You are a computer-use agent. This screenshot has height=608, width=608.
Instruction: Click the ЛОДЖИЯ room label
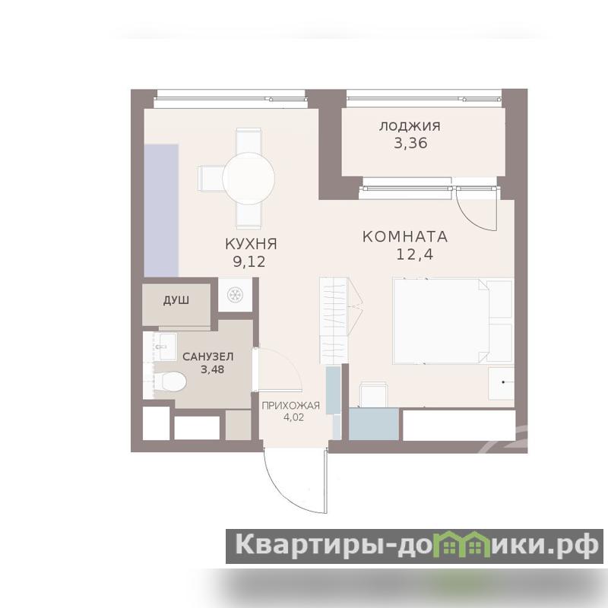[x=410, y=126]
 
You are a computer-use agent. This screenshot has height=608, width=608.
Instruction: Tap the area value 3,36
[x=410, y=143]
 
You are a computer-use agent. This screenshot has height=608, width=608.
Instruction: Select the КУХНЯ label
[x=251, y=244]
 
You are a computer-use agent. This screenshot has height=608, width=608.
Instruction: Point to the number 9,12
[x=249, y=261]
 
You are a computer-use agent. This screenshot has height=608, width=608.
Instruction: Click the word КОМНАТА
[x=405, y=236]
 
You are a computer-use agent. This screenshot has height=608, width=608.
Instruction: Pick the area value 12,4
[x=414, y=255]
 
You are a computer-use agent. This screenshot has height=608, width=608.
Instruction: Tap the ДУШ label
[x=176, y=300]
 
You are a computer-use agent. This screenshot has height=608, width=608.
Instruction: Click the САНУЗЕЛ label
[x=207, y=356]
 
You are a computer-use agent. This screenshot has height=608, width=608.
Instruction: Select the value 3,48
[x=212, y=369]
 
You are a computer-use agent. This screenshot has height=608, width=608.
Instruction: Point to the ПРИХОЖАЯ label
[x=291, y=406]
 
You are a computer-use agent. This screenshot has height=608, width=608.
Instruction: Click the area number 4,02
[x=293, y=418]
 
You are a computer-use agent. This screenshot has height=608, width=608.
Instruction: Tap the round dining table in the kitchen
[x=249, y=179]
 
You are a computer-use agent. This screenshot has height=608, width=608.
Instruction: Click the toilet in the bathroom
[x=169, y=382]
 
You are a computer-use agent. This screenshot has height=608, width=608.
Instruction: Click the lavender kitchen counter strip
[x=161, y=211]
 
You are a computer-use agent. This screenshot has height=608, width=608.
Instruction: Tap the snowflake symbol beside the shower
[x=235, y=295]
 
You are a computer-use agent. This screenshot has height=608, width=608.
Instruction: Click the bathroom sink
[x=166, y=347]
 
